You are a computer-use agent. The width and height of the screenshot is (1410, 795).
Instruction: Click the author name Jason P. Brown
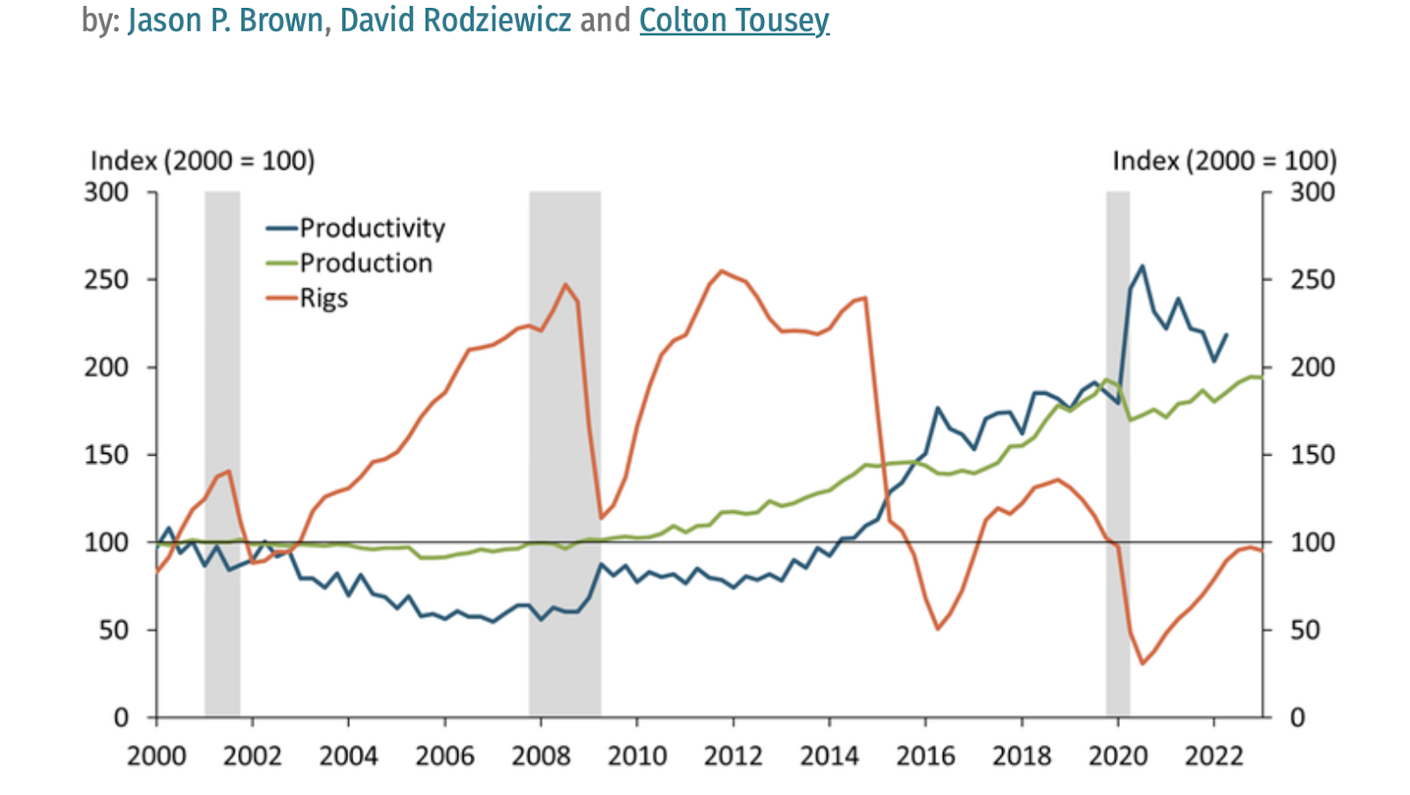pos(226,20)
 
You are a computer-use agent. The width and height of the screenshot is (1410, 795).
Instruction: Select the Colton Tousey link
pos(734,20)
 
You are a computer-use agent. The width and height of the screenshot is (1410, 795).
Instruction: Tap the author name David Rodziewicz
pos(456,20)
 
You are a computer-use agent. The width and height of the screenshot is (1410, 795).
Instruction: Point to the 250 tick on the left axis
pos(107,279)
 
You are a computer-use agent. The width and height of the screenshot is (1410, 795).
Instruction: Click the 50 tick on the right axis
pos(1305,630)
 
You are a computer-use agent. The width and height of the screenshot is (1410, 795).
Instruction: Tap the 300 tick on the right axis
pos(1312,192)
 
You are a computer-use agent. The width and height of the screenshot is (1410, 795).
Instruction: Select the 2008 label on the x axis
pos(541,756)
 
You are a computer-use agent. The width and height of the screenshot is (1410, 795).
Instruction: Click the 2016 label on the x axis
pos(925,756)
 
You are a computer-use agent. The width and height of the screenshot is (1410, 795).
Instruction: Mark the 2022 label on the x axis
pos(1214,756)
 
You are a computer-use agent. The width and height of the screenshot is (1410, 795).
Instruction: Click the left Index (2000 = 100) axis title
pos(203,160)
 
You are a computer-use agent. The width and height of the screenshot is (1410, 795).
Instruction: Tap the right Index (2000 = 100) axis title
pos(1224,160)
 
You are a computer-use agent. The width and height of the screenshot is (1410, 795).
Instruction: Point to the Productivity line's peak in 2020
pos(1142,265)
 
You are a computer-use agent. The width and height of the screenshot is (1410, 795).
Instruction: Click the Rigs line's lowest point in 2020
pos(1142,664)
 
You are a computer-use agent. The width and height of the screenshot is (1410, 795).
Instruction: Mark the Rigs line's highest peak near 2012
pos(722,271)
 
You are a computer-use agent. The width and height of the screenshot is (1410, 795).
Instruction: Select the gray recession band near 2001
pos(222,441)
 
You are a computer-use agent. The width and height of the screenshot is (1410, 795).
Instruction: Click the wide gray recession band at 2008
pos(565,441)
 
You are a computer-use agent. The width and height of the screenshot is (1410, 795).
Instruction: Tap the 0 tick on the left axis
pos(121,717)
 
